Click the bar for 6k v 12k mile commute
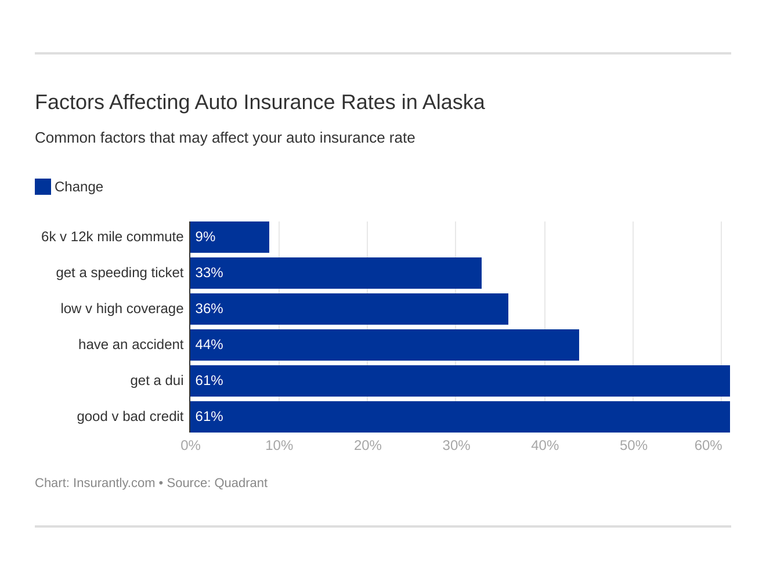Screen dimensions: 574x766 229,237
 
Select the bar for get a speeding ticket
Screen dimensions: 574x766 335,273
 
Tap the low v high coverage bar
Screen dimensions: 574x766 349,309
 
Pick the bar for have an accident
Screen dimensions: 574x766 384,345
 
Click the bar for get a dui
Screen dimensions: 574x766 460,381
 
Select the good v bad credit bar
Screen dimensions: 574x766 460,417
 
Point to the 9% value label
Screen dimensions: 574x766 205,237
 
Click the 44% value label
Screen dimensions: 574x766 209,345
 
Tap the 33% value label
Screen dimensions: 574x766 209,273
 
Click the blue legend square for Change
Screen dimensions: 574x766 43,187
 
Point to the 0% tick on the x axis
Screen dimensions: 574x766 190,445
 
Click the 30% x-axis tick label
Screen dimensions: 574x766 456,445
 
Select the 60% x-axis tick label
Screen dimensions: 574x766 708,445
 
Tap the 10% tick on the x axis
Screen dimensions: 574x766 279,445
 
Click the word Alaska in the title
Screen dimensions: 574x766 453,102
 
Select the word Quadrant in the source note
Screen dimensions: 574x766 241,483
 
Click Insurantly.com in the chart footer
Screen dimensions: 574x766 114,483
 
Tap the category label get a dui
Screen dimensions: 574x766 157,381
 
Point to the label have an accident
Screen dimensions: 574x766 131,345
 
